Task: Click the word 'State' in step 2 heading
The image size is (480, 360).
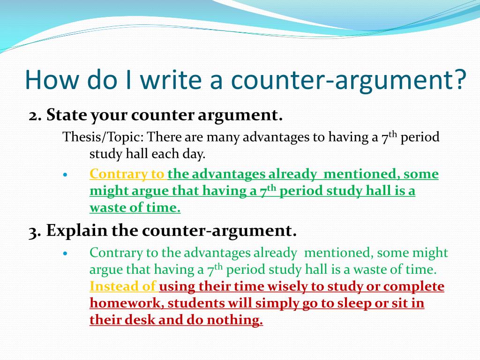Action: [x=66, y=115]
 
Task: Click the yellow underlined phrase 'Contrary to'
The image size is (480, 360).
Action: [x=127, y=174]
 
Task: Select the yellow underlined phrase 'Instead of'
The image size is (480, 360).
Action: [x=123, y=286]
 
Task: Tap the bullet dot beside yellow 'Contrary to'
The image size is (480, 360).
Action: [x=66, y=174]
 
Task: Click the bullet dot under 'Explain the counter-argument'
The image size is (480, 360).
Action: [x=66, y=253]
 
